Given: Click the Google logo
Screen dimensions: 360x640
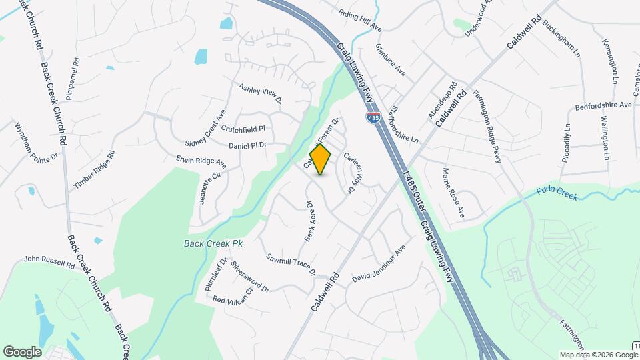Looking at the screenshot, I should [22, 351].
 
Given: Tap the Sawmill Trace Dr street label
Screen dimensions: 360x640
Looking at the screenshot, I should [290, 265].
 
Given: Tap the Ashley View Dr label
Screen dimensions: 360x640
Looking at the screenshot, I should [261, 93].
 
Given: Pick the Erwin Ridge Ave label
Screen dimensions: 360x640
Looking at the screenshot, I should [201, 162].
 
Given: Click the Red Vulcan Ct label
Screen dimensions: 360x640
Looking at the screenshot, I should [233, 296].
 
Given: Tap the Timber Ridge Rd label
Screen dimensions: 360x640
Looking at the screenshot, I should [95, 170].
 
